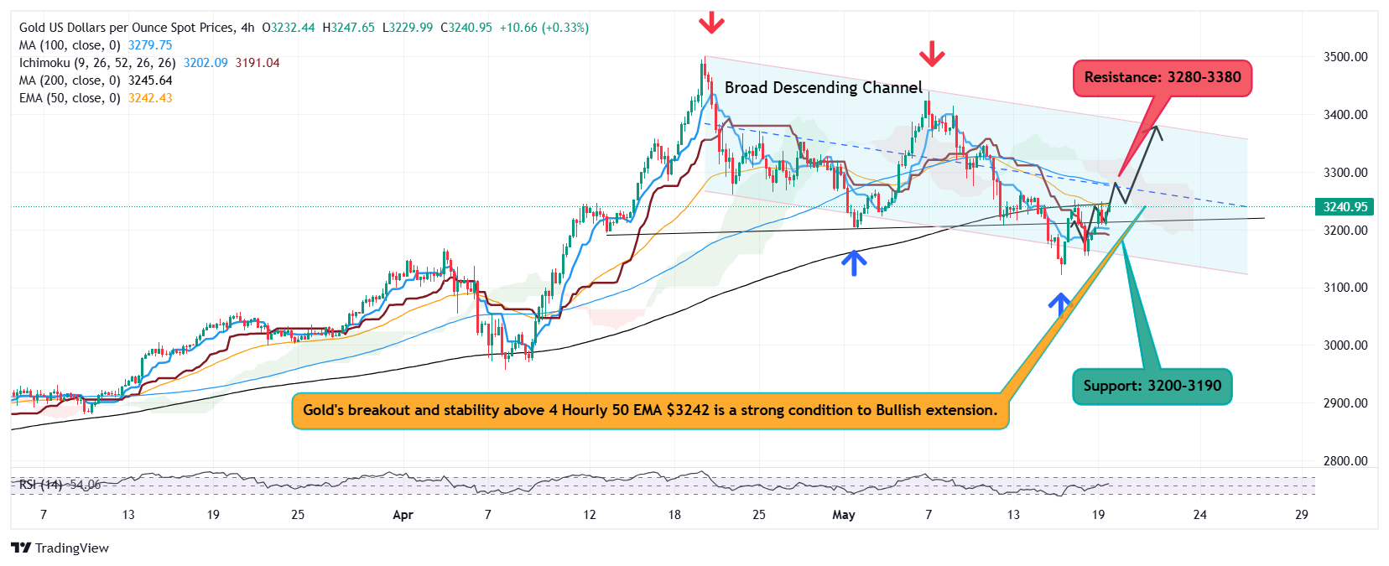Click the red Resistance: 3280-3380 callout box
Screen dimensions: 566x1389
(1162, 78)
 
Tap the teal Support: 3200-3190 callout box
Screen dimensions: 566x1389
(1152, 387)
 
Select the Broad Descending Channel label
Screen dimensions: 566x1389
(823, 88)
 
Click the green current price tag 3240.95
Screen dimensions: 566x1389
(1345, 207)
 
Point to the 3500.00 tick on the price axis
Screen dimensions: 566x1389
(1345, 57)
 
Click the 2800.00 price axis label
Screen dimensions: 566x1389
(1345, 461)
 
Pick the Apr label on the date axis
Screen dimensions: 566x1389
(403, 515)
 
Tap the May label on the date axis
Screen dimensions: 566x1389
(843, 515)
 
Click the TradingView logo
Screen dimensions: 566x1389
(60, 548)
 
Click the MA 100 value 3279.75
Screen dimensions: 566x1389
(150, 45)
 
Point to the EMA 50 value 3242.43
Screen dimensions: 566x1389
(150, 98)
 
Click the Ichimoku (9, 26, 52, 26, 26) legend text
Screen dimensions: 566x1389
(97, 63)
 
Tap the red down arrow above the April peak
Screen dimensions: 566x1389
(711, 22)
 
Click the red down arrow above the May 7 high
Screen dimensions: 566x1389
(931, 55)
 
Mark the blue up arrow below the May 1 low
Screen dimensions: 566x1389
(854, 263)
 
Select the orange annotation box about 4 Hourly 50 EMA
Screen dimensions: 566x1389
(650, 411)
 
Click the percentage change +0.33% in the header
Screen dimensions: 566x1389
(567, 28)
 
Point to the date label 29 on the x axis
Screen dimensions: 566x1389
(1301, 515)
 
